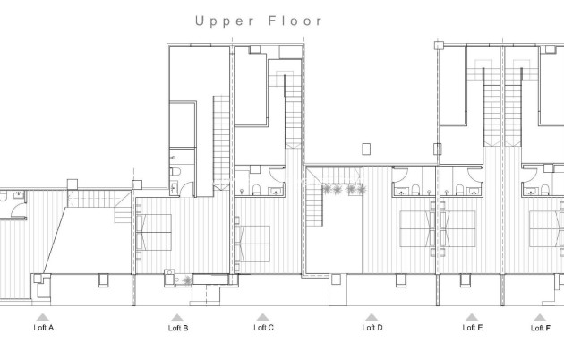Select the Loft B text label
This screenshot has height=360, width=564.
[178, 329]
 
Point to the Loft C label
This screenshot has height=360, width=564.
[263, 328]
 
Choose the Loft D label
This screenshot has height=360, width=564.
[372, 328]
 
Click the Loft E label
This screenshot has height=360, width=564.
[473, 328]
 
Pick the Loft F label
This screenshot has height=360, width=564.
[540, 328]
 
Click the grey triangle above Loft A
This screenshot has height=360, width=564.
[41, 317]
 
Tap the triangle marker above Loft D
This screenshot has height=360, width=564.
[372, 317]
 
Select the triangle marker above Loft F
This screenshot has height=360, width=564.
[540, 317]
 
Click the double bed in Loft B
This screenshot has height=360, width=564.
[154, 233]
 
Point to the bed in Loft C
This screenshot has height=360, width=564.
[252, 240]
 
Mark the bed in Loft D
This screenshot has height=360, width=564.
[417, 229]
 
